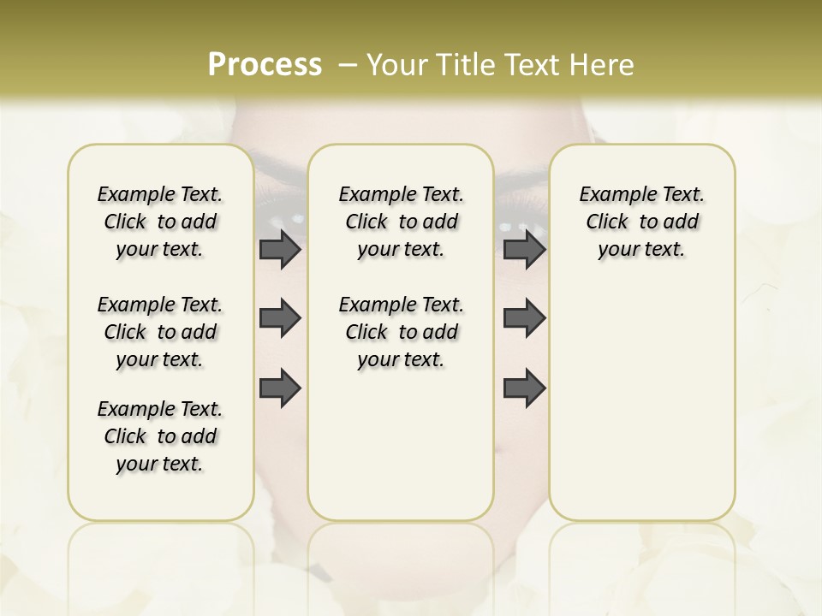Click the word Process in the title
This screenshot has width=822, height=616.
265,64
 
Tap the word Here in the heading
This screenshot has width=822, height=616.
603,65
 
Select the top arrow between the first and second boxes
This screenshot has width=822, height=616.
280,250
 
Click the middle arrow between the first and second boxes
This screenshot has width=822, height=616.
280,318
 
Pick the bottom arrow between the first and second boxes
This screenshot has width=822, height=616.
280,387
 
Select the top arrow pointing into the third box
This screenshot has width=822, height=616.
524,250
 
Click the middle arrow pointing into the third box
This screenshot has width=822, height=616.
524,318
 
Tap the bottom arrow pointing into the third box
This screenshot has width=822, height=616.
524,387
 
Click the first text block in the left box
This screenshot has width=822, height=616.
160,222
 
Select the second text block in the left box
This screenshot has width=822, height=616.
160,332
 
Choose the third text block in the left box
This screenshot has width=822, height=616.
160,436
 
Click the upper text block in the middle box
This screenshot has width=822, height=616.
401,222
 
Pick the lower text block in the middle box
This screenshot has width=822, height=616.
401,332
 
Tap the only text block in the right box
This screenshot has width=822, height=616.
641,222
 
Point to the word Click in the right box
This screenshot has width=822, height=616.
607,222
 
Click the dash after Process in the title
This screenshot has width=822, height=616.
348,65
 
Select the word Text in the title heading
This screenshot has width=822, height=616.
533,65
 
